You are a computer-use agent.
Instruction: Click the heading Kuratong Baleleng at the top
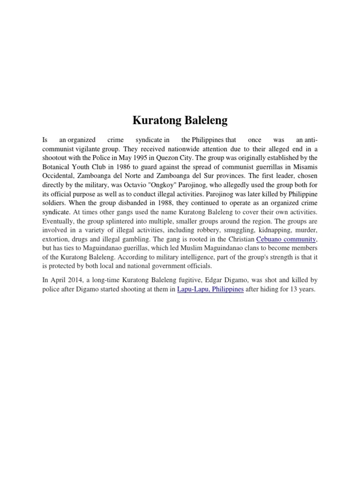[180, 120]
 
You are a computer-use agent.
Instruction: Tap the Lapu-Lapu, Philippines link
[210, 289]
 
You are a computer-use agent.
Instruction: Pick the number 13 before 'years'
[295, 289]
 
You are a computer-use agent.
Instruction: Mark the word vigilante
[89, 148]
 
